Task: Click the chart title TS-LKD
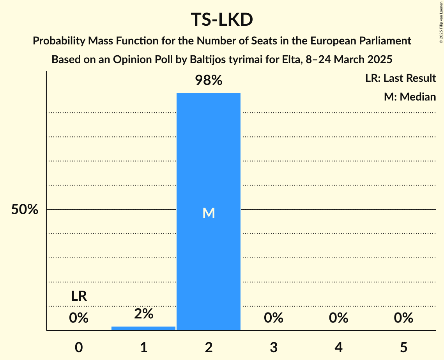[222, 20]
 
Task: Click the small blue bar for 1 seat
[143, 328]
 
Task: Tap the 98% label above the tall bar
[209, 81]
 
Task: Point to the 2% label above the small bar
[143, 314]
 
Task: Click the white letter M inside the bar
[209, 213]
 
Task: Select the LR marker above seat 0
[79, 296]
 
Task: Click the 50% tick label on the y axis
[25, 210]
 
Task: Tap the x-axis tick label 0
[79, 347]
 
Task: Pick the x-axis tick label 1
[143, 347]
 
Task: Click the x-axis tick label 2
[209, 347]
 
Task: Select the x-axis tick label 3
[274, 347]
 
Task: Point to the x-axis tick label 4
[338, 347]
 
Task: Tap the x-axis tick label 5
[403, 347]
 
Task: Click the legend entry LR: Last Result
[400, 78]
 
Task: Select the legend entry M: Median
[410, 97]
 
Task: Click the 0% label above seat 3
[274, 318]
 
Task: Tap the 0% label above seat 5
[403, 318]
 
